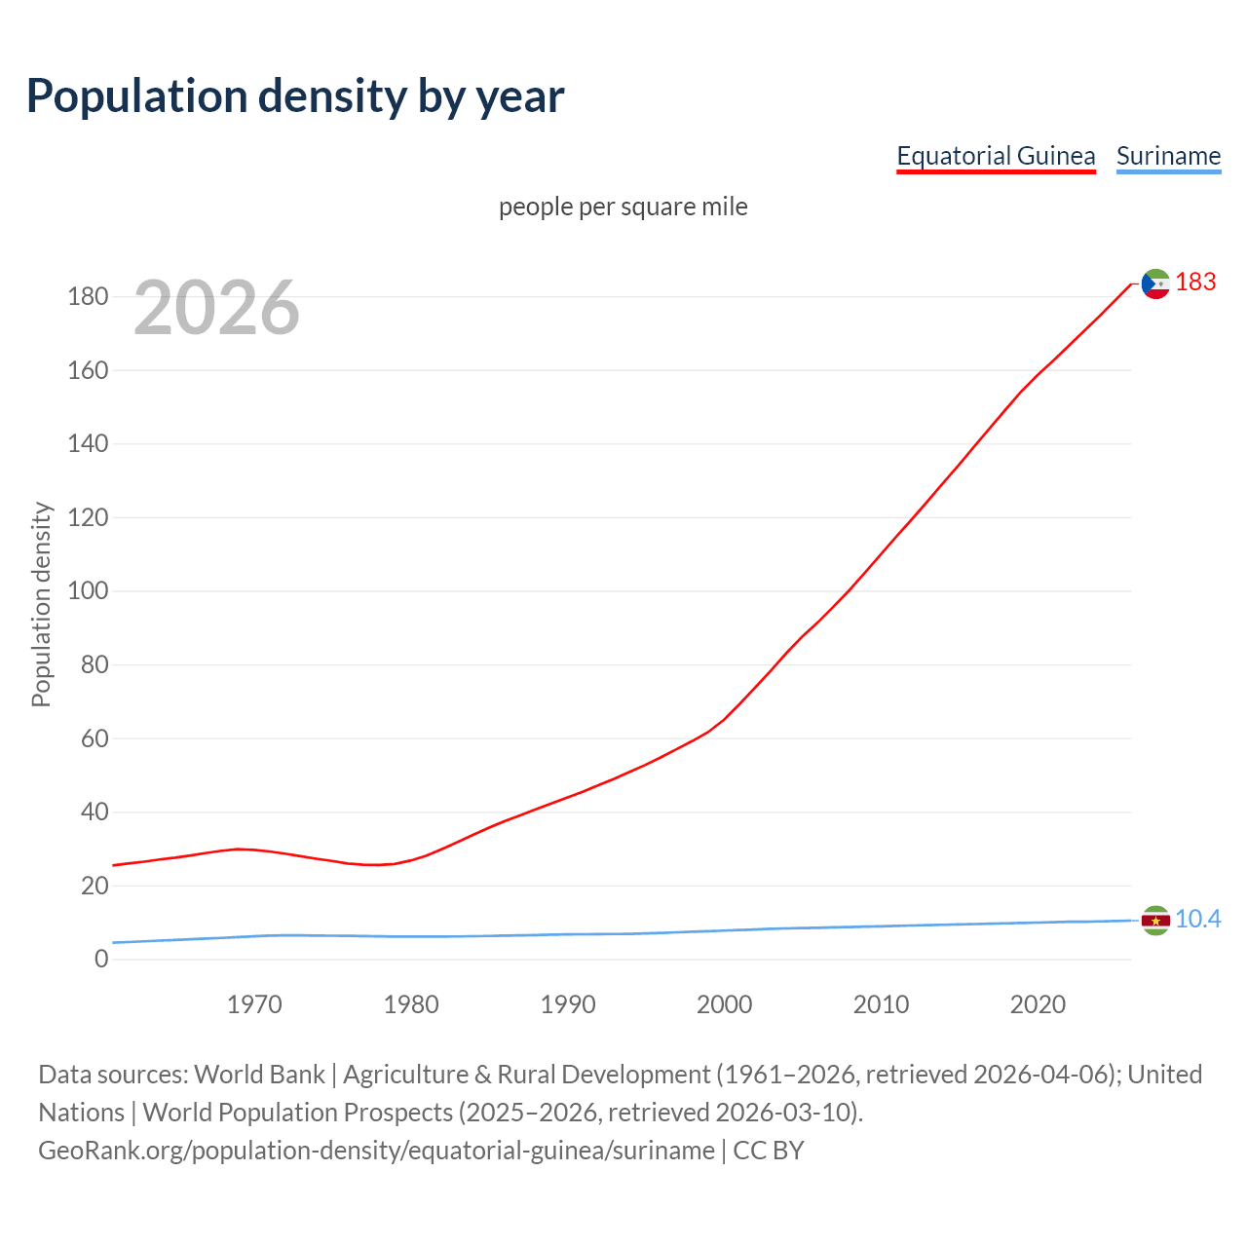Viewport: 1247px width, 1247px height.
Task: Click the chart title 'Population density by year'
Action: (295, 96)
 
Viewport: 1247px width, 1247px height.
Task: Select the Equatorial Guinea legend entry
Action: (996, 156)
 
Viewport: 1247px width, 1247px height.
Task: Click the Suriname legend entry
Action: (1168, 156)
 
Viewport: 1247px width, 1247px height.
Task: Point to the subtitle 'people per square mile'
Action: (623, 207)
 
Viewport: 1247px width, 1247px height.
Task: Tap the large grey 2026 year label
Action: (216, 308)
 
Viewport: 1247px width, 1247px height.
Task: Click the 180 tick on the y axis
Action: (88, 296)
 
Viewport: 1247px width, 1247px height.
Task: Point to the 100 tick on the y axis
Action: (88, 591)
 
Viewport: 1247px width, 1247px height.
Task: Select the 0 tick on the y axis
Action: (101, 960)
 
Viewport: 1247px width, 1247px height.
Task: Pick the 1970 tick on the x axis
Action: (254, 1004)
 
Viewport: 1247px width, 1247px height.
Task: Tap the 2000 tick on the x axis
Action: (724, 1004)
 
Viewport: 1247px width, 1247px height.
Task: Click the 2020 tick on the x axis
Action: (1038, 1004)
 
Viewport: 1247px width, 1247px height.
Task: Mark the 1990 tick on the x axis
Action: (568, 1004)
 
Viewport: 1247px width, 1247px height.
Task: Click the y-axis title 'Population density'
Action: (41, 604)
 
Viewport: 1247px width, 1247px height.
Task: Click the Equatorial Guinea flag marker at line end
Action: (1155, 283)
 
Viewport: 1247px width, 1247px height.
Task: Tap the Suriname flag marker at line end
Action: (1155, 920)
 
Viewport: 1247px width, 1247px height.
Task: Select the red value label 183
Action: (1195, 283)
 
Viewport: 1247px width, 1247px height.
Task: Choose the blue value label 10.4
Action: (1197, 920)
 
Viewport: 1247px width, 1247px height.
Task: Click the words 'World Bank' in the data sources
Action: (259, 1075)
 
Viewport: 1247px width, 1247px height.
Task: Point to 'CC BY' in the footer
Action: (769, 1151)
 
